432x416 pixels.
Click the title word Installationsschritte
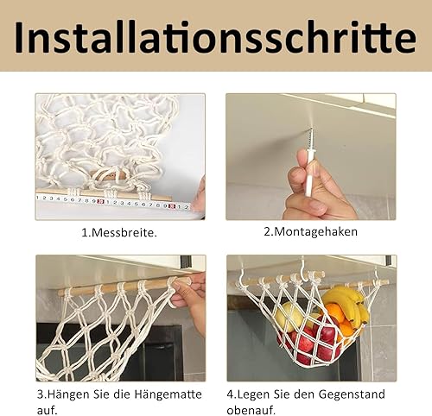point(215,38)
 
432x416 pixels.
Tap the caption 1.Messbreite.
point(119,232)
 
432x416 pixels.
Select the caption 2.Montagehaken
point(310,231)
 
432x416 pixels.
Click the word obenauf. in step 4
point(251,410)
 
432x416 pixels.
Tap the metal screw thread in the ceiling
point(311,137)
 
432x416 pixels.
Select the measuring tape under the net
point(114,204)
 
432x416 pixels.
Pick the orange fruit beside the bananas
point(335,315)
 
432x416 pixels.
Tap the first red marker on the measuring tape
point(100,201)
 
